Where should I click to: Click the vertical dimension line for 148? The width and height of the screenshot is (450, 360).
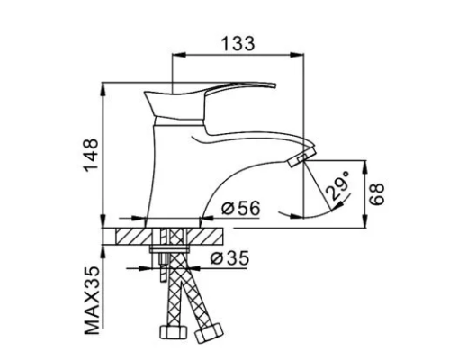click(x=105, y=153)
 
